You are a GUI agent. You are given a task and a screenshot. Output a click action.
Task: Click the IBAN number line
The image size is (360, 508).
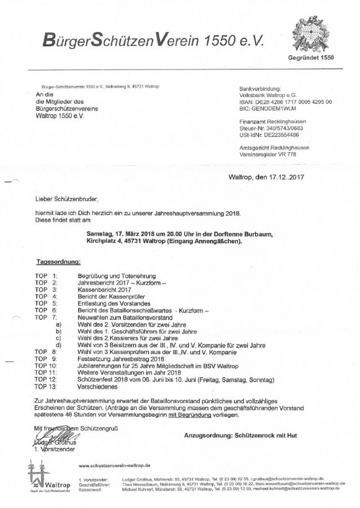286,102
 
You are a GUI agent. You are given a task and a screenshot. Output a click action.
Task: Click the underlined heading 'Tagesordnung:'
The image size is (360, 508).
58,262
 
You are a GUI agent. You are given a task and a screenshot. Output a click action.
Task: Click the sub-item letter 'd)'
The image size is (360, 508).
58,343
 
